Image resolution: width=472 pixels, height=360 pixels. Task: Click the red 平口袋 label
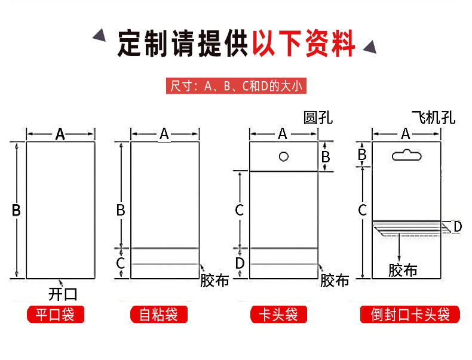(56, 315)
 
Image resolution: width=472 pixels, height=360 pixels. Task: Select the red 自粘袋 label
(159, 315)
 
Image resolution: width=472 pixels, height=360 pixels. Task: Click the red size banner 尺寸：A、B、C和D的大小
(236, 86)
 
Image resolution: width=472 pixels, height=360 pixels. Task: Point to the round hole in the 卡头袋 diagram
(284, 156)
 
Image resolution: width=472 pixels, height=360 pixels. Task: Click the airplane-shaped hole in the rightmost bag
(406, 156)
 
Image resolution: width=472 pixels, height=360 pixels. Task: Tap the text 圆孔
(317, 118)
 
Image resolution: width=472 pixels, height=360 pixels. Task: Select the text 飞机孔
(433, 117)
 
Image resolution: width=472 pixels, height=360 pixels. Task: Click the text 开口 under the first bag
(63, 294)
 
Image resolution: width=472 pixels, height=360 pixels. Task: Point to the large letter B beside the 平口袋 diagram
(16, 210)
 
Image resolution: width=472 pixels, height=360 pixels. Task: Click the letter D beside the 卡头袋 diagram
(240, 263)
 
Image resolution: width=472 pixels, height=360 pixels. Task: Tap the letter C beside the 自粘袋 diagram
(121, 263)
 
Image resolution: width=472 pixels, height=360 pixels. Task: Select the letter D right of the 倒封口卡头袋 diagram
(457, 226)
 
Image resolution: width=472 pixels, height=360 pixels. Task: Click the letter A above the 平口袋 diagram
(60, 134)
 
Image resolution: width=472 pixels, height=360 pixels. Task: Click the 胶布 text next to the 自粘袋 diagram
(214, 281)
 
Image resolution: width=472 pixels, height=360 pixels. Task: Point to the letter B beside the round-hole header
(326, 156)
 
